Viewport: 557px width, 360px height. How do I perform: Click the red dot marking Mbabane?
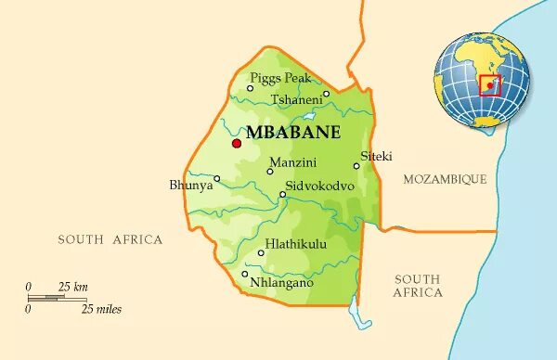[236, 143]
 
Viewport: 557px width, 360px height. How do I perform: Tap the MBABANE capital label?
[293, 132]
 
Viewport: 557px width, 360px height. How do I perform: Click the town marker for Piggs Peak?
[250, 88]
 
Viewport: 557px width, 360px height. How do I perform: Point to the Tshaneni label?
[296, 99]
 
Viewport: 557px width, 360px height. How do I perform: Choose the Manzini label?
[293, 163]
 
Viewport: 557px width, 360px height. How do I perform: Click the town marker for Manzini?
[270, 172]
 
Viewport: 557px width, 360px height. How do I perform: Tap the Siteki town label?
[377, 155]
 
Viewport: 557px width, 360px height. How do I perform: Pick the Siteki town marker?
[356, 166]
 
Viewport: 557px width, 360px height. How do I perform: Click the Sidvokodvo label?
[320, 186]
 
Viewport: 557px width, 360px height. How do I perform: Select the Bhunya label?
[190, 186]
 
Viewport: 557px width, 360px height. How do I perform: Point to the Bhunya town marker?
[216, 179]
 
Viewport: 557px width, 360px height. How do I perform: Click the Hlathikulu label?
[296, 245]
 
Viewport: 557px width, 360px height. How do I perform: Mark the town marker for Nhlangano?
[244, 274]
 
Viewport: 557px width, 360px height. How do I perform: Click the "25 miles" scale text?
[102, 309]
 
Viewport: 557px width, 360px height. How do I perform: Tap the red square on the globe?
[489, 85]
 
